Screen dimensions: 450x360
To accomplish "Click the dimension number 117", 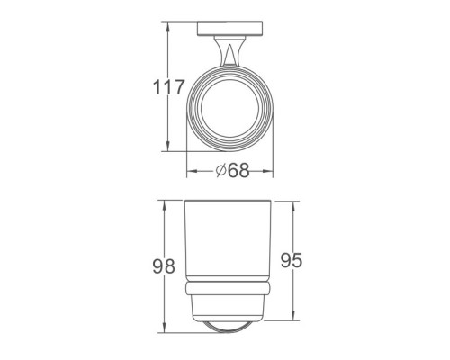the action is click(x=168, y=87).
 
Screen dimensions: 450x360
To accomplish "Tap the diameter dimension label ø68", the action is click(x=232, y=171).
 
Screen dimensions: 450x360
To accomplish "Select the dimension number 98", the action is click(x=164, y=266).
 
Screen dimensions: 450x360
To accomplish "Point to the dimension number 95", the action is click(x=292, y=260).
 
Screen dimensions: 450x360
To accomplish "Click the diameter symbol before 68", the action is click(x=220, y=171).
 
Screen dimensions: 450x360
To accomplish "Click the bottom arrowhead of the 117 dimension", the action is click(x=168, y=146).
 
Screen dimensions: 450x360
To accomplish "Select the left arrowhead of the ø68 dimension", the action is click(x=193, y=171).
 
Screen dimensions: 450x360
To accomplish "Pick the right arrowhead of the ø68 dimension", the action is click(x=267, y=171).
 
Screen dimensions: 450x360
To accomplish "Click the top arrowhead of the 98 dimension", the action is click(x=164, y=206).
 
